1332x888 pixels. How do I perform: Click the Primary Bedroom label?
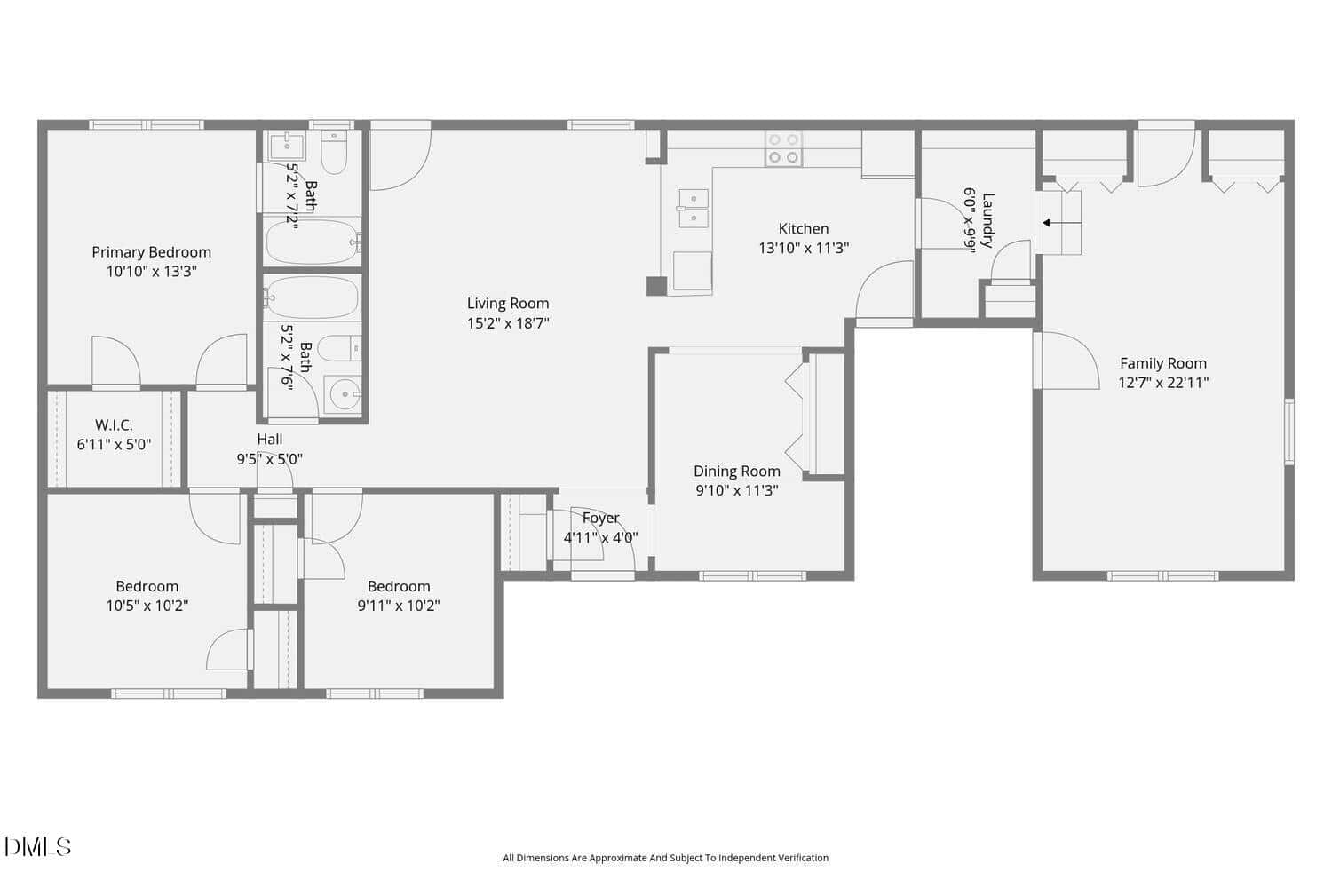[151, 252]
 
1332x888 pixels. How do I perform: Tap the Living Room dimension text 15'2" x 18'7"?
[508, 323]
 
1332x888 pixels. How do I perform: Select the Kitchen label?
[804, 228]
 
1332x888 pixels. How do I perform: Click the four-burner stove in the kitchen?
[783, 148]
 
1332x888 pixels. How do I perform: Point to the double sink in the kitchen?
[694, 209]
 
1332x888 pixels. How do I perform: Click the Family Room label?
[1163, 363]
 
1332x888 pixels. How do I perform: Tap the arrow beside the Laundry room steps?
[1061, 223]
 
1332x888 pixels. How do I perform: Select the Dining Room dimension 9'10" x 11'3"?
[737, 490]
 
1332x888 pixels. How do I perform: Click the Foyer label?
[600, 518]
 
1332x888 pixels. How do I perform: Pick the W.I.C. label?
[114, 425]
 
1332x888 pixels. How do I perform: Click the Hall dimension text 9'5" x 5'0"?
[269, 459]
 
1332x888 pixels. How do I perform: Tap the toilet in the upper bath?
[334, 152]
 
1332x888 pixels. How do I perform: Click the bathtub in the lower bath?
[313, 297]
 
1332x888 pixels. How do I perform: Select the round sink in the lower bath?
[345, 394]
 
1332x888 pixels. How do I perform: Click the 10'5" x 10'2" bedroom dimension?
[147, 606]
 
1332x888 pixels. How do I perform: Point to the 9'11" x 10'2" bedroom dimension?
[399, 606]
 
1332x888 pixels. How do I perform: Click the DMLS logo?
[37, 847]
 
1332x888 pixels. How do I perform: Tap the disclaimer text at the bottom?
[665, 858]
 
